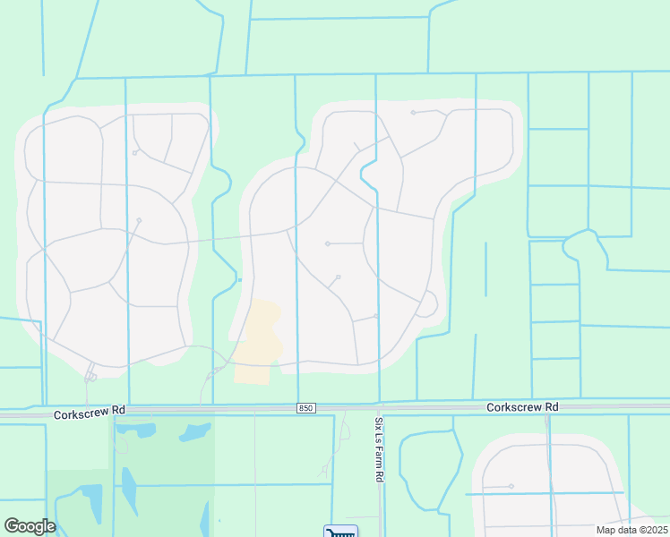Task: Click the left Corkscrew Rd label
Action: click(x=89, y=414)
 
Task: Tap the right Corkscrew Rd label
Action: click(x=522, y=407)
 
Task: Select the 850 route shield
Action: click(x=307, y=409)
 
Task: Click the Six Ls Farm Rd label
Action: click(x=379, y=449)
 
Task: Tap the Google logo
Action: click(x=29, y=526)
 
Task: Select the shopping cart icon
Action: click(x=340, y=532)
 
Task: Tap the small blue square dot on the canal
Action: click(x=239, y=280)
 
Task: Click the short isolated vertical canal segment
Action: click(x=485, y=268)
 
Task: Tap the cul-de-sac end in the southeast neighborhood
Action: click(x=511, y=486)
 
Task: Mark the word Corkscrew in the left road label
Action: click(x=80, y=414)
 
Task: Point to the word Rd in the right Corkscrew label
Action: click(x=552, y=407)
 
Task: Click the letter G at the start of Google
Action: click(x=12, y=526)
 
